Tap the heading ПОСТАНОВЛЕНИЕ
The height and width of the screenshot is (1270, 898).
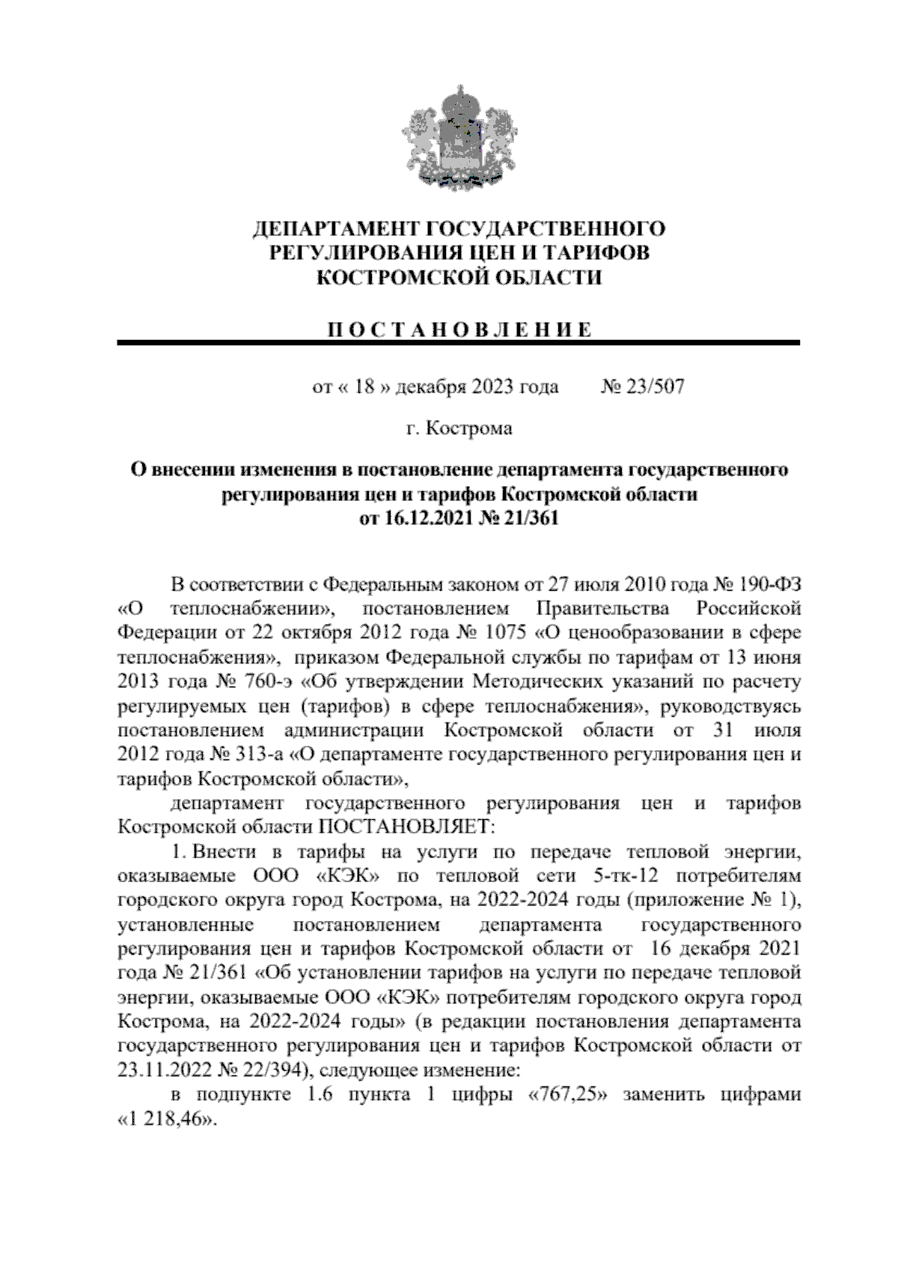coord(459,330)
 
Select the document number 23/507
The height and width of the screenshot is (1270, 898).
coord(654,387)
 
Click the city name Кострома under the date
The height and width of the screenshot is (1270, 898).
coord(468,428)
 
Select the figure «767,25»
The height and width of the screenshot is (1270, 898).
coord(573,1095)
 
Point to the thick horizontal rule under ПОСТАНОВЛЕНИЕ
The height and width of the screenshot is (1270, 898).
coord(459,343)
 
